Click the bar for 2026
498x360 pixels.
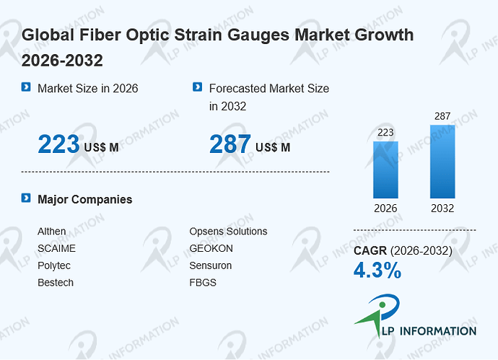[x=385, y=170]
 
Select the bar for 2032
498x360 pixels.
[x=442, y=162]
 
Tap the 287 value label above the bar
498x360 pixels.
[x=442, y=116]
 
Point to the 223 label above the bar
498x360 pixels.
[x=385, y=132]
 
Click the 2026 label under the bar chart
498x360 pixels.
[x=385, y=208]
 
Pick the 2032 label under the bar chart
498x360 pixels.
[x=442, y=208]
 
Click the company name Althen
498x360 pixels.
[x=52, y=231]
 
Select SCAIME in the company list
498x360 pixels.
[x=56, y=248]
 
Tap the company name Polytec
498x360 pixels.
[x=54, y=265]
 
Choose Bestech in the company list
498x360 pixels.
[x=56, y=283]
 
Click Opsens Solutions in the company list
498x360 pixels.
[x=228, y=232]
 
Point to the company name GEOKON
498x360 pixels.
[x=211, y=248]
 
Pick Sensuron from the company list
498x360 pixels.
[x=211, y=265]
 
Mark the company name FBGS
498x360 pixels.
[x=203, y=283]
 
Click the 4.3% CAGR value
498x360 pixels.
[x=377, y=271]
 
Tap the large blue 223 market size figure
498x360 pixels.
[x=58, y=144]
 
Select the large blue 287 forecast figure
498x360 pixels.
[x=230, y=144]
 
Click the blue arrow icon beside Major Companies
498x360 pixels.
[x=26, y=198]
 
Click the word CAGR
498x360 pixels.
[x=370, y=251]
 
